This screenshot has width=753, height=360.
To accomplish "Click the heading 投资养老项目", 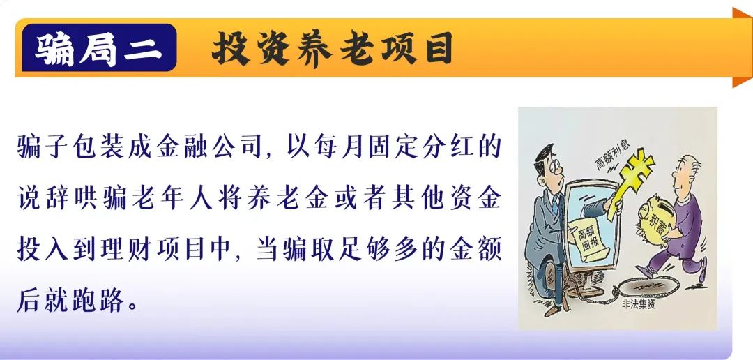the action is click(x=333, y=48).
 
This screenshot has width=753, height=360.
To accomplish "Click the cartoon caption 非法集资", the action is click(x=638, y=304).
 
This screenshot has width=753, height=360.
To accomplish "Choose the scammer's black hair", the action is click(x=544, y=156).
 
